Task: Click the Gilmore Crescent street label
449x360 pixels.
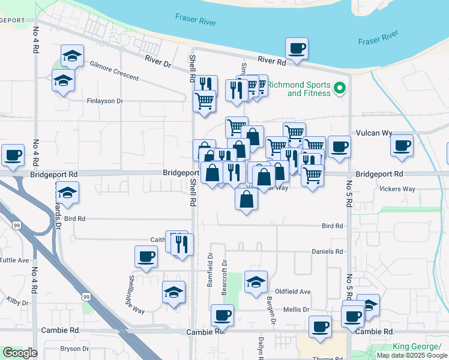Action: [x=114, y=70]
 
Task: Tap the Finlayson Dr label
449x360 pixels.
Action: [x=104, y=101]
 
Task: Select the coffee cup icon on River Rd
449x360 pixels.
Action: [x=297, y=47]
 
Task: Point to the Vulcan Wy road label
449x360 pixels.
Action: [x=374, y=133]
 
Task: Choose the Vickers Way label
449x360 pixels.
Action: [x=397, y=189]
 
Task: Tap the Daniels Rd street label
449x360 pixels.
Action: [x=327, y=251]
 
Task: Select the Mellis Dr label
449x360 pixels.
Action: [x=297, y=310]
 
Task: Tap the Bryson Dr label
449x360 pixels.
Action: [x=74, y=348]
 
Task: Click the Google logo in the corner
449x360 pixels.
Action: [x=20, y=353]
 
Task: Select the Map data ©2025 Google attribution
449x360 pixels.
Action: [x=412, y=355]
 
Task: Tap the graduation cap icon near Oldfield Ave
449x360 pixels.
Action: [x=256, y=281]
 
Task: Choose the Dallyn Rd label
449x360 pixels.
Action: [x=262, y=348]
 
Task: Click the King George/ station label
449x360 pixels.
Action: [x=417, y=347]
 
